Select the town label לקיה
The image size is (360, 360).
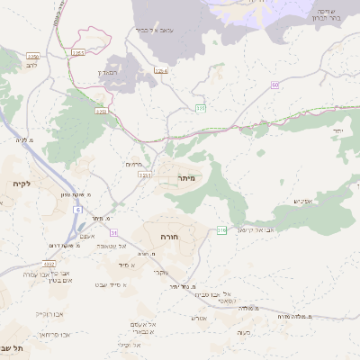point(22,184)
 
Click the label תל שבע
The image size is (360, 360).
point(13,348)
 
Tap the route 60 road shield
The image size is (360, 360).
point(274,85)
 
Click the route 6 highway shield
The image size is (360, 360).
point(78,210)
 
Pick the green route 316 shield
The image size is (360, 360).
point(221,230)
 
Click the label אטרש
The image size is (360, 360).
point(200,317)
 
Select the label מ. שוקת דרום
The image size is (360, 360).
point(57,246)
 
